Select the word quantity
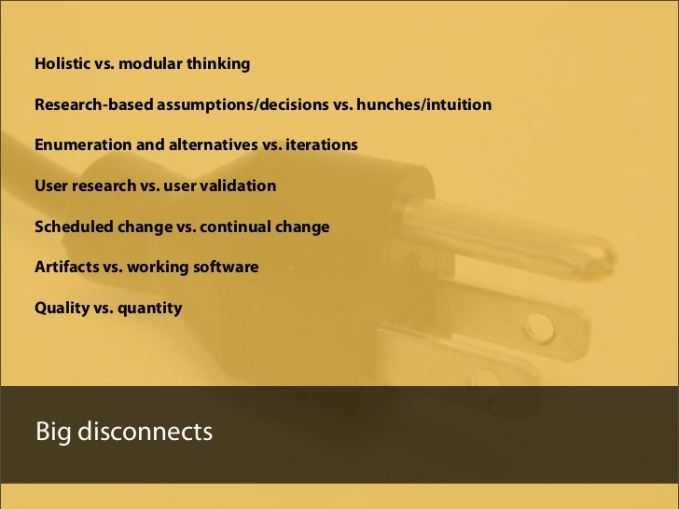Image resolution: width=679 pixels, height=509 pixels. (149, 307)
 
